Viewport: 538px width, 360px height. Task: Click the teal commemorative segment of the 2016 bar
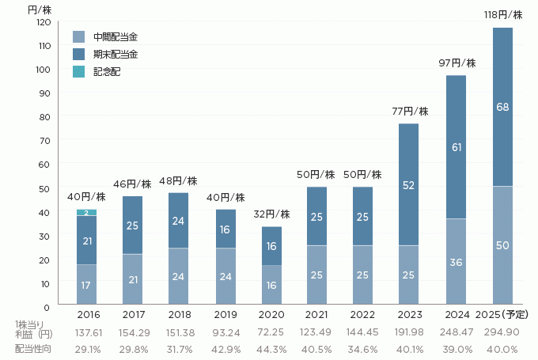click(87, 212)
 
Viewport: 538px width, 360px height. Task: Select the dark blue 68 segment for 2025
click(502, 107)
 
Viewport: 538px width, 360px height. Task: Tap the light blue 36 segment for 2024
click(457, 262)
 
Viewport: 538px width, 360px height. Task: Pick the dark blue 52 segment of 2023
click(410, 184)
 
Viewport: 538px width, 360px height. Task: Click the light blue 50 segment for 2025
click(502, 245)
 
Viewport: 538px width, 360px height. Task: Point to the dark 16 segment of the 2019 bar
click(225, 229)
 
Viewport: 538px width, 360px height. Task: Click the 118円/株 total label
click(503, 15)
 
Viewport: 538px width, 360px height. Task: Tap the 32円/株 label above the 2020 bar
click(271, 214)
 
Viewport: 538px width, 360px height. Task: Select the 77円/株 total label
click(410, 112)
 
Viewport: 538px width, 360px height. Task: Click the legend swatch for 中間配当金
click(78, 36)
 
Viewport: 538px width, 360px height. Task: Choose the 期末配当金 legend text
click(116, 54)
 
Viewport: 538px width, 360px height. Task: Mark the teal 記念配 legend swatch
click(78, 72)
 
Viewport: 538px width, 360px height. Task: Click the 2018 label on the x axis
click(180, 314)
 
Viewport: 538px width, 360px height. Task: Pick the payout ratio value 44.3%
click(271, 349)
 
